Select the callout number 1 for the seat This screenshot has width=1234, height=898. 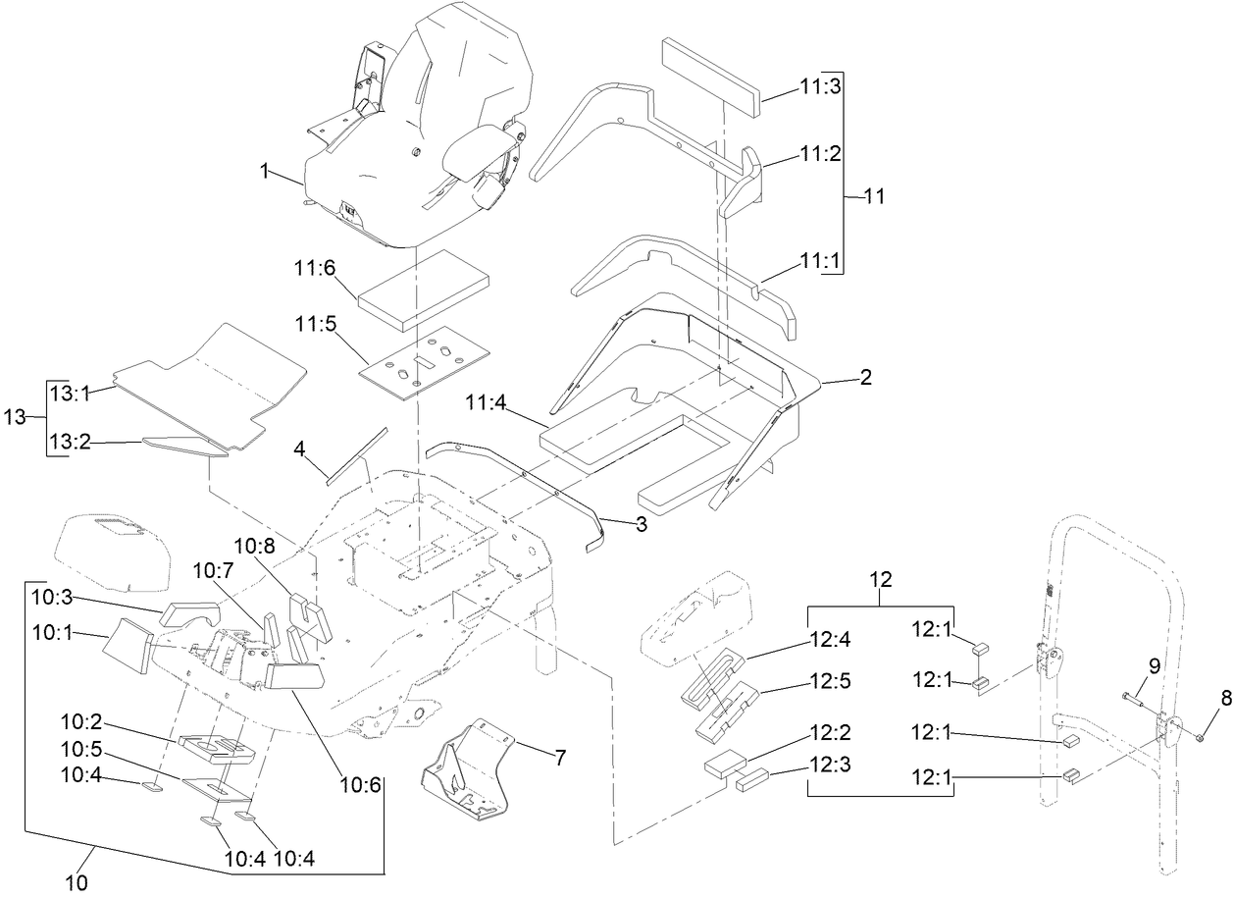pyautogui.click(x=264, y=171)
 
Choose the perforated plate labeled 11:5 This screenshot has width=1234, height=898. pyautogui.click(x=424, y=362)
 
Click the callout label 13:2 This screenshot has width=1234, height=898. pyautogui.click(x=70, y=442)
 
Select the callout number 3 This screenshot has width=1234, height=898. pyautogui.click(x=641, y=524)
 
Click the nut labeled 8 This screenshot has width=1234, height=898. pyautogui.click(x=1201, y=734)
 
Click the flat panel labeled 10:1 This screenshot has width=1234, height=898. pyautogui.click(x=129, y=649)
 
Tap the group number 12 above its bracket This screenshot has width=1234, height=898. pyautogui.click(x=880, y=580)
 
